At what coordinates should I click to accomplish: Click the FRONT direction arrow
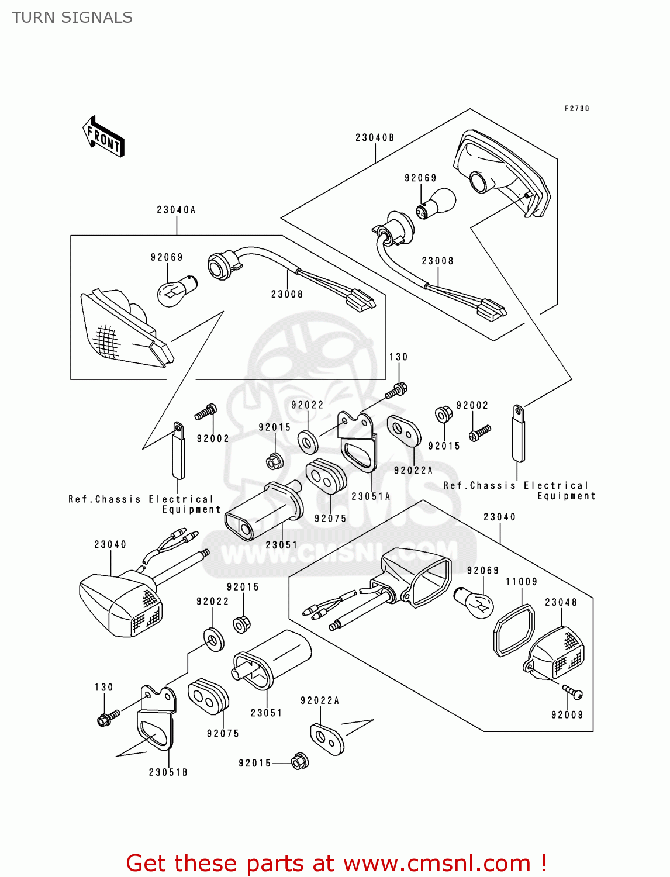[104, 137]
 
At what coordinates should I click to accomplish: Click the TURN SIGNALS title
[72, 18]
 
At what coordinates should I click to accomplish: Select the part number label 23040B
[375, 137]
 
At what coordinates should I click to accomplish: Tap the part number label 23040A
[176, 210]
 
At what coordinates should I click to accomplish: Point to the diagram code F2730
[576, 108]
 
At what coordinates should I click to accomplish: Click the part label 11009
[522, 582]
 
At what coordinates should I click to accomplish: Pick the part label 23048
[561, 602]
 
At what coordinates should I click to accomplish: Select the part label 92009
[567, 714]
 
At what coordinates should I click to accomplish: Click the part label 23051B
[168, 772]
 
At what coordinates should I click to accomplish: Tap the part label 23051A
[371, 496]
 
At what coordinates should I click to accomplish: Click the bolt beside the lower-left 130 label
[108, 717]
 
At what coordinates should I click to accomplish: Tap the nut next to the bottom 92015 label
[300, 761]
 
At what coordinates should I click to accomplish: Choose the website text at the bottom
[336, 863]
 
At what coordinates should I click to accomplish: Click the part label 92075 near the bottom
[223, 734]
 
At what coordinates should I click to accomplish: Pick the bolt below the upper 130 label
[396, 391]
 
